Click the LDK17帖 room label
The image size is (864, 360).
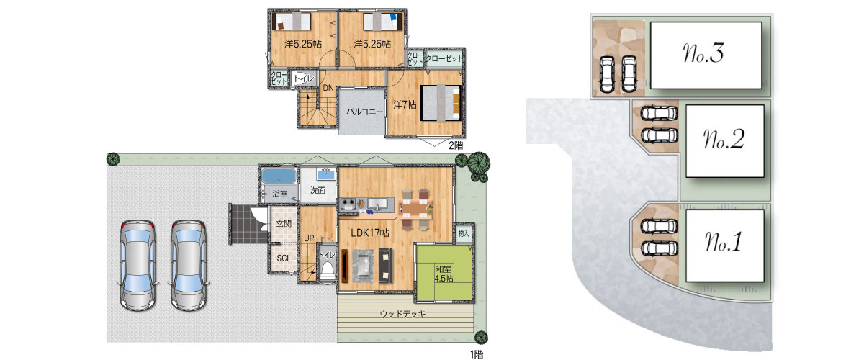point(369,233)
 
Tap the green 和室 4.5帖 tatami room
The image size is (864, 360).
point(444,272)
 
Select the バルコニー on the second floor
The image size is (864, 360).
point(361,112)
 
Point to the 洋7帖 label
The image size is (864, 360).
point(405,104)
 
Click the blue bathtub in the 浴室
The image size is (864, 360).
point(279,176)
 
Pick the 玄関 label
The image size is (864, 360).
point(284,223)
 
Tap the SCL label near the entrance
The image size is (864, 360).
point(284,258)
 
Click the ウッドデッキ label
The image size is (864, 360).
point(402,314)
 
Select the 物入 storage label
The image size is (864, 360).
point(463,233)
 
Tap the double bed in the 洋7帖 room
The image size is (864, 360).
point(441,103)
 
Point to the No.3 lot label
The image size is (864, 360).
point(703,53)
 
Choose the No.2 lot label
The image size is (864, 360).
point(723,139)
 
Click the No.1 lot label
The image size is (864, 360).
point(723,242)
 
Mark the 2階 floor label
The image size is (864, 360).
point(456,145)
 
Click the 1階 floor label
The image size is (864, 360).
point(477,354)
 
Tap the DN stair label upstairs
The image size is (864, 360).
point(328,88)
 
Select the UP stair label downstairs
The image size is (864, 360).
point(309,238)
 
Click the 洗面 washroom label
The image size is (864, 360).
point(318,190)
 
